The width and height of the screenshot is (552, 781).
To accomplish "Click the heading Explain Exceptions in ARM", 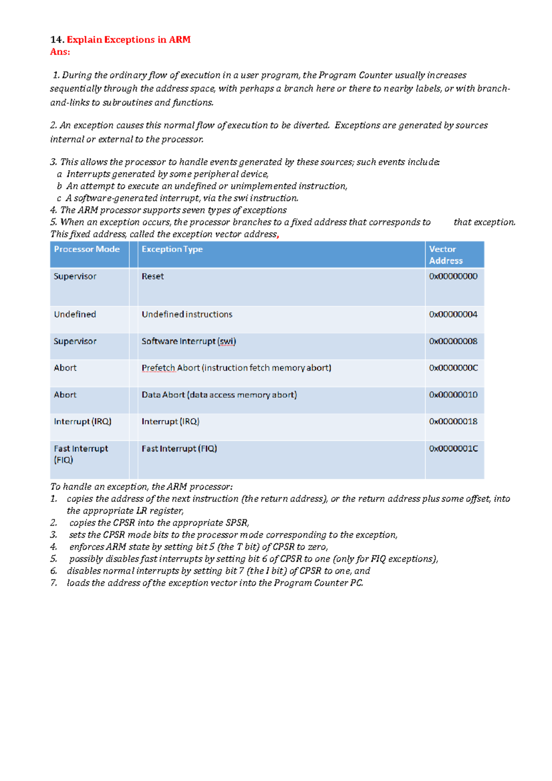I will (x=128, y=40).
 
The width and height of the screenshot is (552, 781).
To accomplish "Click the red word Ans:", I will (x=60, y=52).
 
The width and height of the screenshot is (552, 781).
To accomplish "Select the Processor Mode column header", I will (x=86, y=249).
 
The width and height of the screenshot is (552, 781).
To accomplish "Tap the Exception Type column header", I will (x=172, y=249).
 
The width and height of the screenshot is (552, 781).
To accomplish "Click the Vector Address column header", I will (x=445, y=255).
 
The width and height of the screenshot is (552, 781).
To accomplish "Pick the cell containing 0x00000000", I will (x=453, y=276).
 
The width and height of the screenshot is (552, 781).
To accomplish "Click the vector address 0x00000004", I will (x=453, y=315).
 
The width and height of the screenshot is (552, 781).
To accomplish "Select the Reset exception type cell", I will (x=153, y=276).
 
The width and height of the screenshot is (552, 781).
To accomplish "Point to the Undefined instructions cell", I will (x=187, y=315).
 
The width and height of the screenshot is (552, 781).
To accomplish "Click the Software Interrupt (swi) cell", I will (x=189, y=341).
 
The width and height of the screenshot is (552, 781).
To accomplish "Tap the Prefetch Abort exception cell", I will (x=236, y=368).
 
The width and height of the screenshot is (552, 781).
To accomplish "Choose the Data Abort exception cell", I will (x=219, y=395).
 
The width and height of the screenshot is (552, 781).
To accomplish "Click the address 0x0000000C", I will (x=453, y=368).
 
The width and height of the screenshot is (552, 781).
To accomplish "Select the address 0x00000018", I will (x=453, y=422).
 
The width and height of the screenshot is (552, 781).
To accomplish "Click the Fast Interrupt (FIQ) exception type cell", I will (x=179, y=448).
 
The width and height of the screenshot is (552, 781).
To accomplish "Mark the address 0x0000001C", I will (x=453, y=448).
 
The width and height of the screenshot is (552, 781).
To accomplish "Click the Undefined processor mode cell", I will (x=75, y=315).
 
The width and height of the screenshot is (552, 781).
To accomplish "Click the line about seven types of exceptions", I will (x=168, y=210).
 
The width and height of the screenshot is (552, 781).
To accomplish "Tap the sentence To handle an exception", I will (x=141, y=487).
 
